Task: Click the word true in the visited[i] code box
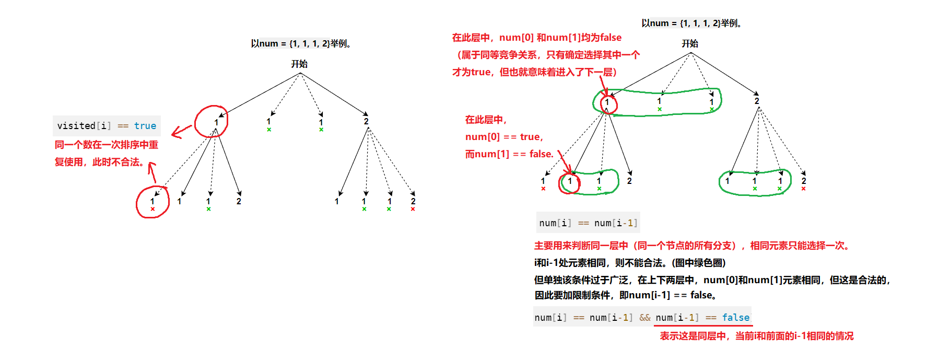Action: [145, 126]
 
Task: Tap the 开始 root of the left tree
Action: [299, 64]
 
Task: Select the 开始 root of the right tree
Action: [689, 43]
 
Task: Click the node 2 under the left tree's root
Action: [366, 121]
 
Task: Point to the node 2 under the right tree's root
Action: [756, 101]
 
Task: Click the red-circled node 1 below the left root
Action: [216, 122]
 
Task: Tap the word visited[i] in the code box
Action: [84, 126]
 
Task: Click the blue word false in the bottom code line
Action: [735, 317]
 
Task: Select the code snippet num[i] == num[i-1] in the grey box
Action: [588, 223]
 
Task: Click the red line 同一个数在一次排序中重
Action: [107, 145]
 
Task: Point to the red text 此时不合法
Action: [118, 162]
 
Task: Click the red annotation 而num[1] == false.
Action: [509, 154]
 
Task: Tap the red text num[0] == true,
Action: [504, 137]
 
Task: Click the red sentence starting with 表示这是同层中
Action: [756, 336]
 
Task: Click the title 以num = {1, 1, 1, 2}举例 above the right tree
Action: [691, 23]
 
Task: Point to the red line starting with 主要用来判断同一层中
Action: [691, 246]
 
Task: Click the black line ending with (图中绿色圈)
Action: [630, 263]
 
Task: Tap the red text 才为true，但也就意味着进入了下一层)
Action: [534, 72]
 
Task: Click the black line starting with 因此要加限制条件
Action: [625, 295]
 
